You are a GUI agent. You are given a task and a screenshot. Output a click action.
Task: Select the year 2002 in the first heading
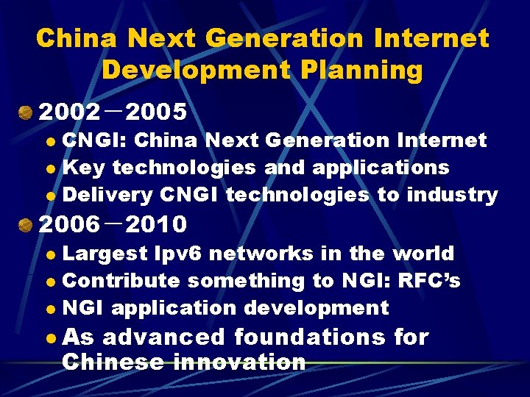click(69, 112)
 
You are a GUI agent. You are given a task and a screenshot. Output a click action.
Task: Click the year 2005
click(157, 112)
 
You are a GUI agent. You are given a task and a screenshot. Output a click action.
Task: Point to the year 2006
click(69, 223)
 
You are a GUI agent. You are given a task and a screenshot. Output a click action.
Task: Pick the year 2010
click(157, 223)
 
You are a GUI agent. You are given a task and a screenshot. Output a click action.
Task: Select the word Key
click(84, 168)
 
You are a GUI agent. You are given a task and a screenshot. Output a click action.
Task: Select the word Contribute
click(121, 281)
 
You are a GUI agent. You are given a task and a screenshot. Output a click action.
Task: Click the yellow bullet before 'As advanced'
click(49, 339)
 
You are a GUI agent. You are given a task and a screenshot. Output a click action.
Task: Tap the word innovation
click(239, 362)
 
